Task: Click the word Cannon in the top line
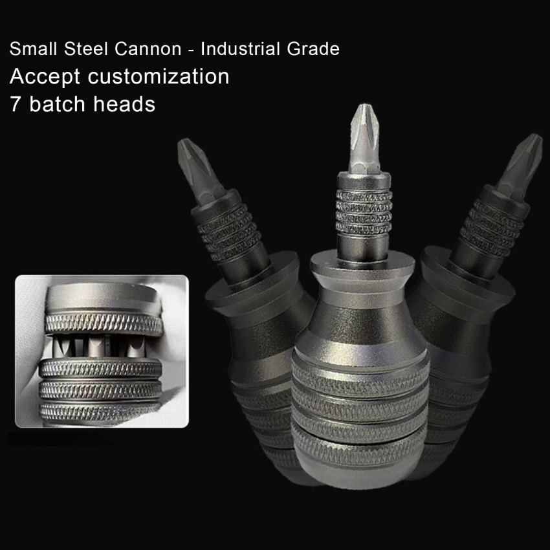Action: (x=148, y=49)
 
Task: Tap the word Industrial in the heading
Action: (x=240, y=49)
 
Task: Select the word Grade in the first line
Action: (x=313, y=49)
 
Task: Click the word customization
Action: (x=159, y=76)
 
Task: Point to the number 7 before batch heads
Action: (x=16, y=104)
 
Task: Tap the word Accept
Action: (x=45, y=77)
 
